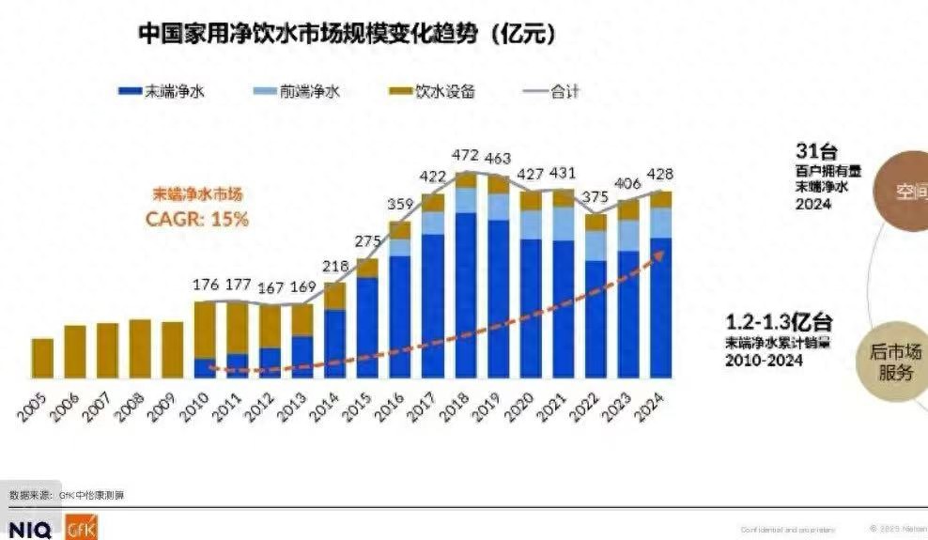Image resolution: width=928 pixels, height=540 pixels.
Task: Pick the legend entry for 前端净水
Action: (297, 91)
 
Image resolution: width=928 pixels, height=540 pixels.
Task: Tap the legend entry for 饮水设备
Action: (432, 91)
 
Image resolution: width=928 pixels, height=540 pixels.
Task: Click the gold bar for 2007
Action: (107, 350)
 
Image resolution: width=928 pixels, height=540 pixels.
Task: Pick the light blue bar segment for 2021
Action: (564, 224)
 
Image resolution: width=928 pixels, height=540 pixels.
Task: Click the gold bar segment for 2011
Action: (238, 327)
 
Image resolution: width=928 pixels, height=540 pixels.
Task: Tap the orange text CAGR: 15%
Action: (197, 219)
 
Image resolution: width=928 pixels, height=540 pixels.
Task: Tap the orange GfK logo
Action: (81, 530)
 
